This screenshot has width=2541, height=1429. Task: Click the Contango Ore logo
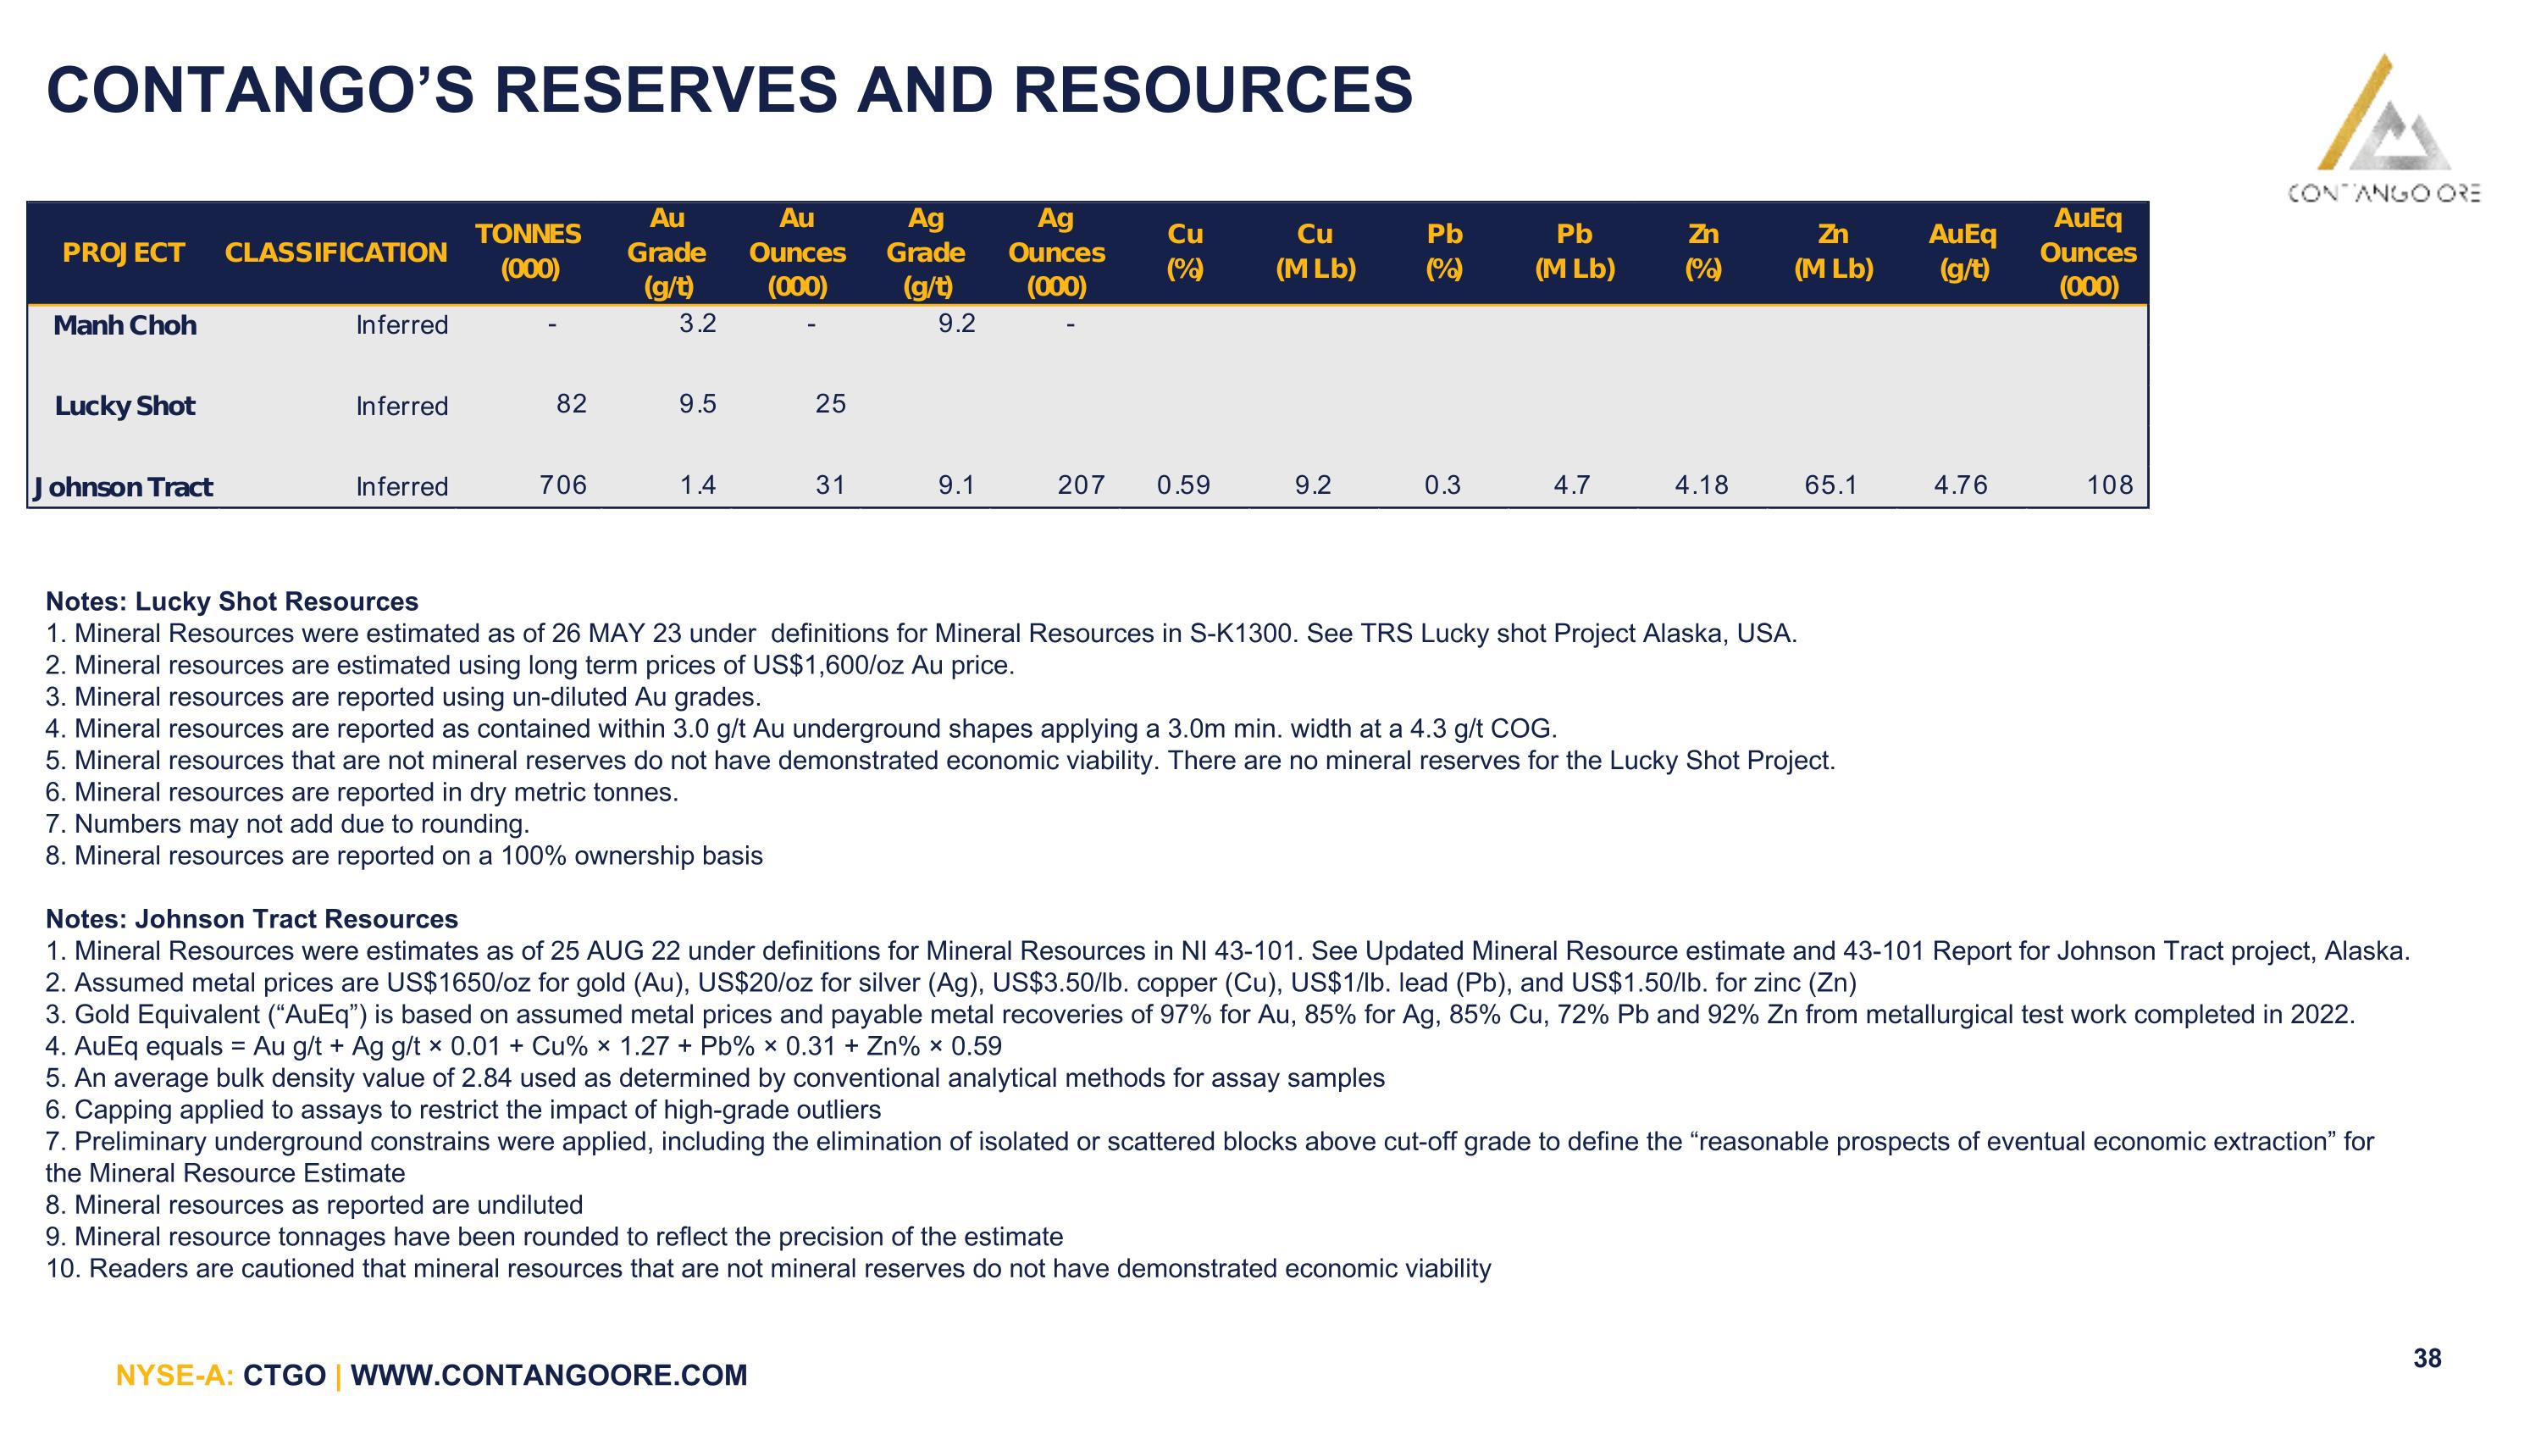pos(2384,128)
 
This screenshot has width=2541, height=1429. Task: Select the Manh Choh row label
pos(125,325)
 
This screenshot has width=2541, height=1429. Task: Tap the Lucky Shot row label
pos(125,407)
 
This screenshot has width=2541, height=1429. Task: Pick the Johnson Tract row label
pos(124,487)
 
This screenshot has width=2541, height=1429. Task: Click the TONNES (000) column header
pos(529,252)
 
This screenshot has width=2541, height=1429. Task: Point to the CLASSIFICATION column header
pos(336,253)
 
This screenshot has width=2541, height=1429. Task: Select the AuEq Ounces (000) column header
pos(2088,252)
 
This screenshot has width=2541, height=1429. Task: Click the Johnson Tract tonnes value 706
pos(563,485)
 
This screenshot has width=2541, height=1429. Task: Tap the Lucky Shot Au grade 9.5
pos(697,404)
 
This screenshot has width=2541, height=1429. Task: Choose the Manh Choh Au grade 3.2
pos(697,324)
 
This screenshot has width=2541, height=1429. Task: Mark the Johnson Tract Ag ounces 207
pos(1081,485)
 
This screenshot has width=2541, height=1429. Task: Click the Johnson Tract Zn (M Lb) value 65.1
pos(1830,485)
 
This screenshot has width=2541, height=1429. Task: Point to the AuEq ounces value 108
pos(2110,485)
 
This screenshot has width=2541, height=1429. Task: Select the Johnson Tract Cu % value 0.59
pos(1184,485)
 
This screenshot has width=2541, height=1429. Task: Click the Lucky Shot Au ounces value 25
pos(831,404)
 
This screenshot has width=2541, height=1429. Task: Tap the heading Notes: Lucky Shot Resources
pos(232,601)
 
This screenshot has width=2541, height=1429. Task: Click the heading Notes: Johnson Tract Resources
pos(252,919)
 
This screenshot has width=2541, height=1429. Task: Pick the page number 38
pos(2428,1358)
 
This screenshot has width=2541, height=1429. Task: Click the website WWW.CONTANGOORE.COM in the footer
pos(550,1375)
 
